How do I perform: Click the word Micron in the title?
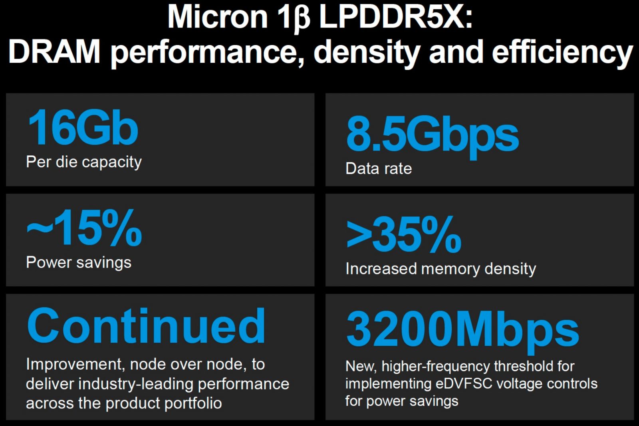pyautogui.click(x=218, y=18)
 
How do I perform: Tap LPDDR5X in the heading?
pyautogui.click(x=395, y=18)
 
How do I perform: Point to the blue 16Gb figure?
pyautogui.click(x=83, y=128)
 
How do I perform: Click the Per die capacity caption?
pyautogui.click(x=84, y=162)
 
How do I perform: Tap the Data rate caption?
pyautogui.click(x=379, y=168)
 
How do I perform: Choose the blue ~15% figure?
pyautogui.click(x=84, y=228)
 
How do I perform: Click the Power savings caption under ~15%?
pyautogui.click(x=79, y=263)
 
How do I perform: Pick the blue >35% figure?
pyautogui.click(x=404, y=235)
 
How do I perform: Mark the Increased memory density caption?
pyautogui.click(x=441, y=269)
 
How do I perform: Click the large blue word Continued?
pyautogui.click(x=146, y=326)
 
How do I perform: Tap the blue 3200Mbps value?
pyautogui.click(x=462, y=330)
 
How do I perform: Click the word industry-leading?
pyautogui.click(x=136, y=384)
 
